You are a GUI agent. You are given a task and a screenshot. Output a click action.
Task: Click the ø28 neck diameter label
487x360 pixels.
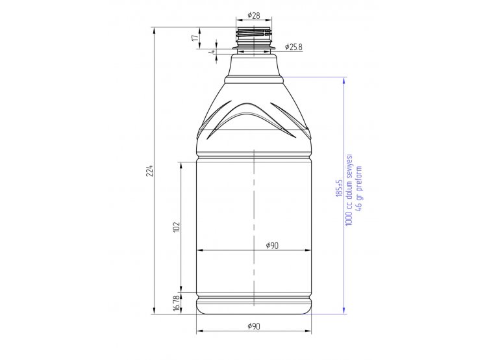pos(254,15)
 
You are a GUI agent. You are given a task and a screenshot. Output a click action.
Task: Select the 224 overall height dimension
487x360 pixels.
pos(150,171)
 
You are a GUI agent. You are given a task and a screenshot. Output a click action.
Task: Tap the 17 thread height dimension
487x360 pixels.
pos(195,38)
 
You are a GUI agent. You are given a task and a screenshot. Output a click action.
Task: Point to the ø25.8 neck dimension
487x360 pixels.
pos(293,47)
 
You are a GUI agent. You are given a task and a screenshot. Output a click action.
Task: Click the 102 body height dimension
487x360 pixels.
pos(177,227)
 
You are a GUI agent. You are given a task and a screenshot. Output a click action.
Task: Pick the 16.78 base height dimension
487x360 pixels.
pos(177,303)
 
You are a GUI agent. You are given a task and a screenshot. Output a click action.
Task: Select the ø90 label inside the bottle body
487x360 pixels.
pos(272,246)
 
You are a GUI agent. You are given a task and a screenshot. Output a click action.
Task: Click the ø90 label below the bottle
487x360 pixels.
pos(254,326)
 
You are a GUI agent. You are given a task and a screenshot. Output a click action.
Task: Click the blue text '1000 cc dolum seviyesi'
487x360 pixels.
pos(349,190)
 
